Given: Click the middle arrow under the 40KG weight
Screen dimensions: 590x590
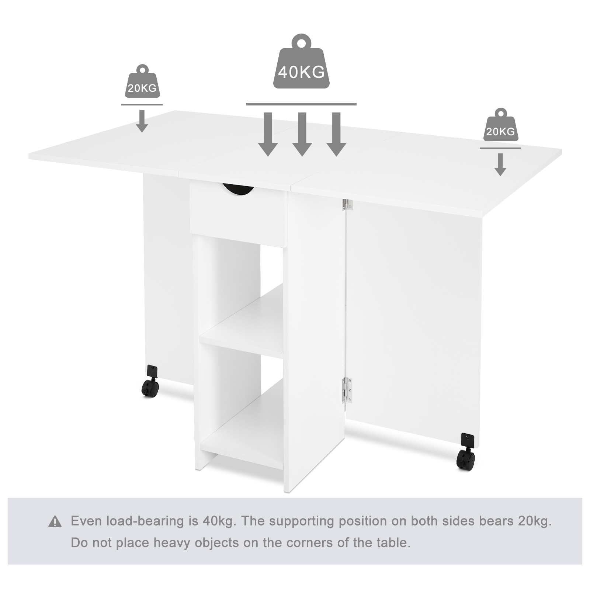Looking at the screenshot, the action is click(302, 134).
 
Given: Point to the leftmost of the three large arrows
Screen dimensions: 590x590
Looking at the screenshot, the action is click(268, 134).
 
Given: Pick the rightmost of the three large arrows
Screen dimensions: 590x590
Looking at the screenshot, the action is click(336, 134).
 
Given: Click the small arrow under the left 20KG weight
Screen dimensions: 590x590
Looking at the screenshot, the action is click(142, 121).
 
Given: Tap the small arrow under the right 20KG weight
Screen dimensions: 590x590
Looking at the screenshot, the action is click(500, 165).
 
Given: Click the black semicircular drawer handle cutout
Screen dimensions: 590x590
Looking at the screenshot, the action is click(238, 189).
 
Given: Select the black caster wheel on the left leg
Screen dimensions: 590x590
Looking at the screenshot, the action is click(150, 382).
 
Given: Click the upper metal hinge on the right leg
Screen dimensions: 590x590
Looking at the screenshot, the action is click(347, 205).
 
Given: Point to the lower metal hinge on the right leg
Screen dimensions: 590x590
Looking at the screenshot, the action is click(347, 390).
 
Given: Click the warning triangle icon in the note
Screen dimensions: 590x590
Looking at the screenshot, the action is click(55, 522).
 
